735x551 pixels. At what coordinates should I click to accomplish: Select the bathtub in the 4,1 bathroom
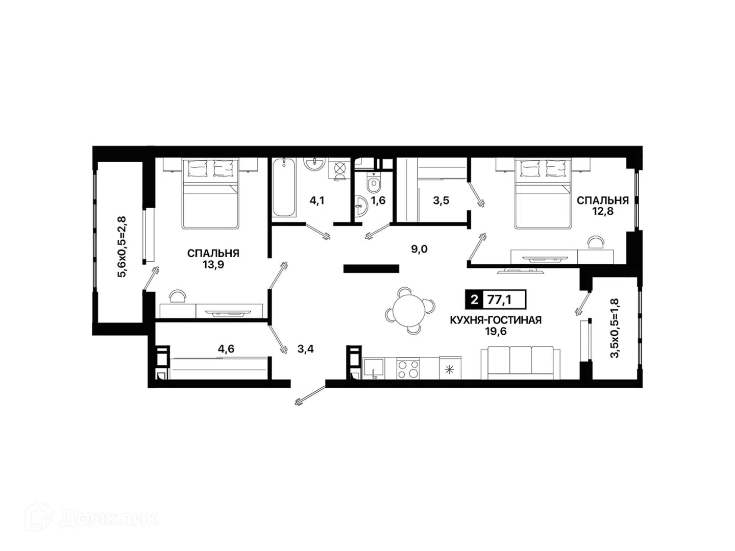(x=284, y=187)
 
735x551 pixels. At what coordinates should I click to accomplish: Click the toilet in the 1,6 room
(x=373, y=183)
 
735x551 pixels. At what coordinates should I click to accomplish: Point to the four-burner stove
(x=407, y=368)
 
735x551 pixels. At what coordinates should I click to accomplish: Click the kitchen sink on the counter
(x=373, y=368)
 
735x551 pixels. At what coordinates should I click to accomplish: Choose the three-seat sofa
(x=520, y=363)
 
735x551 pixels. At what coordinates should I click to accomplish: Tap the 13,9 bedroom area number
(x=213, y=265)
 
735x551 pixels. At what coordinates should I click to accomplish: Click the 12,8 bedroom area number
(x=602, y=211)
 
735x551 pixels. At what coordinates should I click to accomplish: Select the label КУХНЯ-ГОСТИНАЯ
(x=495, y=320)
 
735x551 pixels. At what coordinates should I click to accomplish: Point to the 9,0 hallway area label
(x=419, y=249)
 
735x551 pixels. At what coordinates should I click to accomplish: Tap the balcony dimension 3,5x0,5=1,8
(x=615, y=328)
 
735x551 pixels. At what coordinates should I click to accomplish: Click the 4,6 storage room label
(x=226, y=349)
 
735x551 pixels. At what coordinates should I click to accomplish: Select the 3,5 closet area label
(x=441, y=201)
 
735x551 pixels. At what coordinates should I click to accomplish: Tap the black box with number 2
(x=474, y=299)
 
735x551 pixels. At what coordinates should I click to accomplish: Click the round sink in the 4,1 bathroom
(x=314, y=163)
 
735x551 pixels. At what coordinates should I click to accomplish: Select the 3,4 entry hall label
(x=306, y=349)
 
